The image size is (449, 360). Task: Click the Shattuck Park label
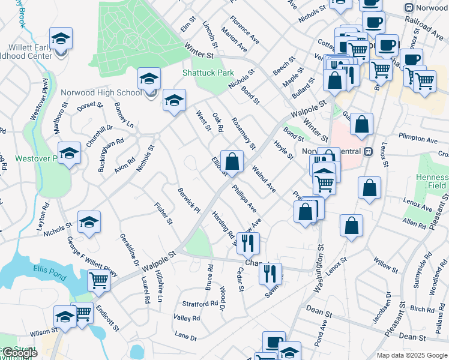[208, 73]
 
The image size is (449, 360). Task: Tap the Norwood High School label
[101, 92]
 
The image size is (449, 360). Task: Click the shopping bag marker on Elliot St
[231, 161]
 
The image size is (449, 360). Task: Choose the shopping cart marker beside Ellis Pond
[98, 280]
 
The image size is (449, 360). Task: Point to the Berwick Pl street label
[188, 200]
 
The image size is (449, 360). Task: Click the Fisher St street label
[163, 213]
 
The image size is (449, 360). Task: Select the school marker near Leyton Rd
[70, 153]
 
